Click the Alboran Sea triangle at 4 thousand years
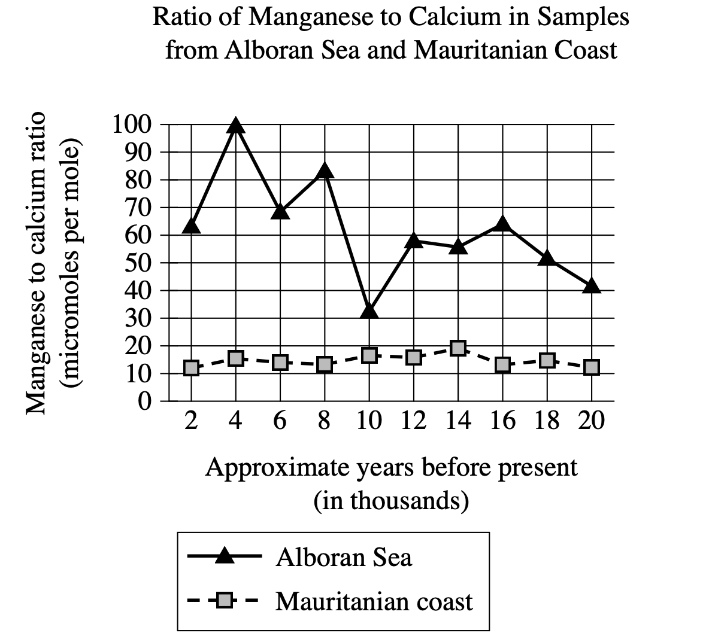pyautogui.click(x=236, y=126)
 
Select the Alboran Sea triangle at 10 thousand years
pyautogui.click(x=369, y=311)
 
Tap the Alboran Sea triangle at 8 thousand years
pyautogui.click(x=325, y=172)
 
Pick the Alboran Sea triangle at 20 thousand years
pyautogui.click(x=592, y=286)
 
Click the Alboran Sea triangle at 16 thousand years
pyautogui.click(x=503, y=224)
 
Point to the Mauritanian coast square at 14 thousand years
pyautogui.click(x=458, y=348)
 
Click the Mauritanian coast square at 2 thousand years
pyautogui.click(x=191, y=368)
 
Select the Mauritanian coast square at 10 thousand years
pyautogui.click(x=369, y=355)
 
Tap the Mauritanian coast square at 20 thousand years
pyautogui.click(x=592, y=367)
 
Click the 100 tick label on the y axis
pyautogui.click(x=132, y=125)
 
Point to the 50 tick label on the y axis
pyautogui.click(x=140, y=263)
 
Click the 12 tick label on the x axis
pyautogui.click(x=414, y=421)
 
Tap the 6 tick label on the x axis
pyautogui.click(x=280, y=421)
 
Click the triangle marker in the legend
pyautogui.click(x=225, y=556)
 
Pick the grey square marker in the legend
pyautogui.click(x=225, y=600)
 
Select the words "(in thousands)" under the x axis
pyautogui.click(x=391, y=500)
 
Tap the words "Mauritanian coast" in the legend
pyautogui.click(x=374, y=601)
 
